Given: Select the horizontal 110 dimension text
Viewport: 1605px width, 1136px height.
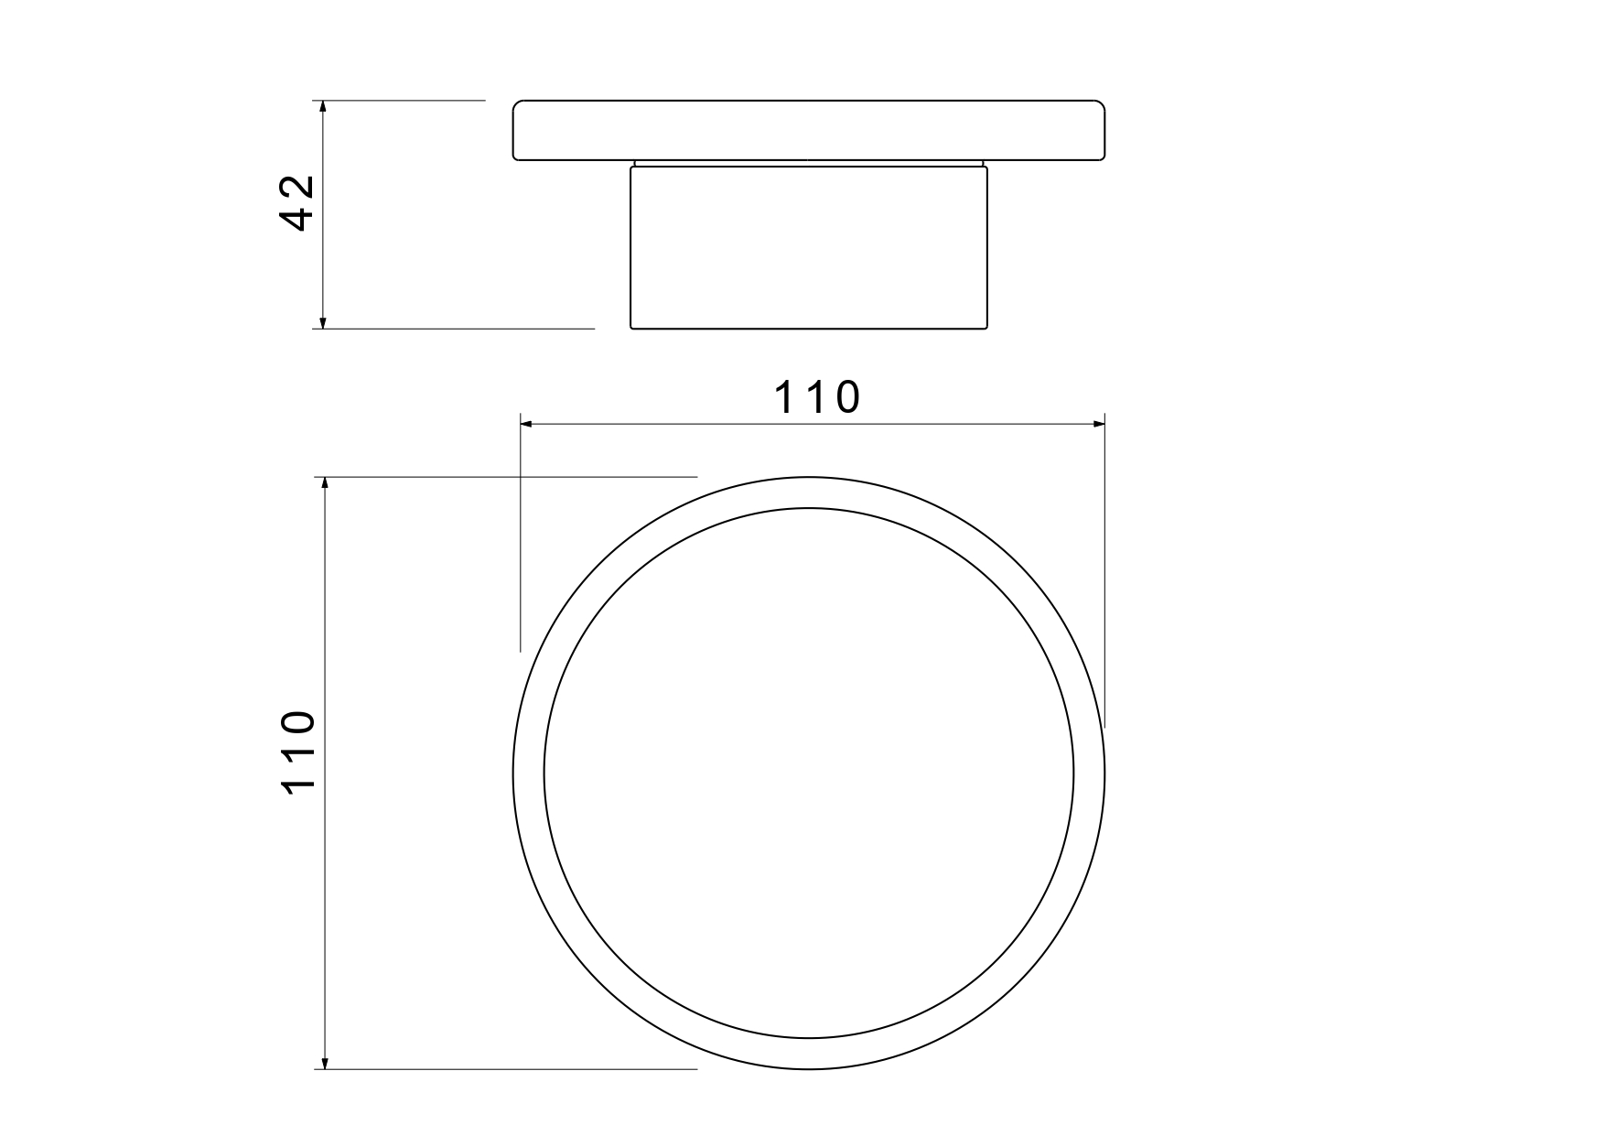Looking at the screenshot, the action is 818,398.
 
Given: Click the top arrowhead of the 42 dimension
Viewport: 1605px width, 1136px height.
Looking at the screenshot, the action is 322,107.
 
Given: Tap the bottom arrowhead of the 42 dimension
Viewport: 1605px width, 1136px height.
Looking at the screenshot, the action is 322,320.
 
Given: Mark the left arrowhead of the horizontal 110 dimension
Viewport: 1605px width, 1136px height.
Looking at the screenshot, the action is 527,424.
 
